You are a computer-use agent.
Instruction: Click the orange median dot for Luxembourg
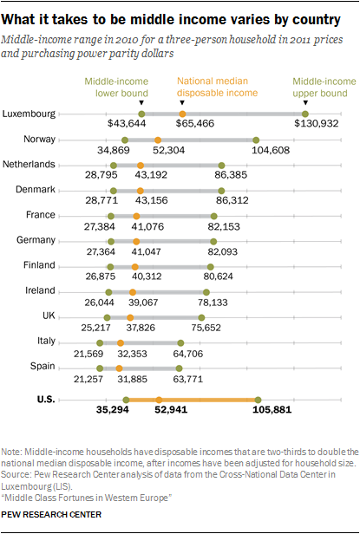click(x=182, y=114)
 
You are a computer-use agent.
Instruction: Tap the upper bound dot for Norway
click(x=256, y=140)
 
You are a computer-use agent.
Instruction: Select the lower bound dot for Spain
click(x=100, y=368)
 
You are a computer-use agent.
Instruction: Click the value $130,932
click(x=317, y=123)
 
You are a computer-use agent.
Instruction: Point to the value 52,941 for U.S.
click(x=171, y=409)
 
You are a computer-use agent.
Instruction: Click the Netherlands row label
click(x=29, y=164)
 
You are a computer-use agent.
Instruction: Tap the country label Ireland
click(x=40, y=290)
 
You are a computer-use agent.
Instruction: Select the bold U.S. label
click(x=46, y=399)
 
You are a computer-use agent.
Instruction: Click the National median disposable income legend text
click(x=217, y=87)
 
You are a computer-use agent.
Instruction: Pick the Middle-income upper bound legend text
click(x=324, y=88)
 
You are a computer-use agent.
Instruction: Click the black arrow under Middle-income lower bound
click(x=141, y=103)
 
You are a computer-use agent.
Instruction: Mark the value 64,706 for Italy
click(x=188, y=354)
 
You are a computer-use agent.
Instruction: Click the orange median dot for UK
click(x=130, y=318)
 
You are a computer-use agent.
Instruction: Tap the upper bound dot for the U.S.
click(x=258, y=400)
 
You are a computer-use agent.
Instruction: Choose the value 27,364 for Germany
click(x=101, y=251)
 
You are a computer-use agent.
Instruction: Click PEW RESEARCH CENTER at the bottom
click(x=51, y=514)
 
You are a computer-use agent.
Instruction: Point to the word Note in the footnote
click(x=10, y=452)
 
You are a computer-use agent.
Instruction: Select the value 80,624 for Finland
click(x=219, y=276)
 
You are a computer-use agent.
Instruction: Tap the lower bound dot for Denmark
click(x=114, y=191)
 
